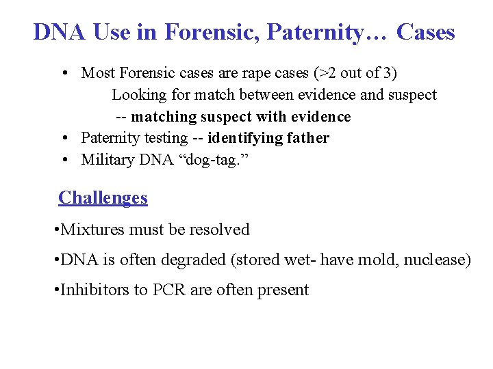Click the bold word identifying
coord(244,138)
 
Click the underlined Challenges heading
coord(103,198)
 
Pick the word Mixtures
coord(90,230)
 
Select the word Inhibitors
coord(94,290)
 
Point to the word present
coord(283,290)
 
